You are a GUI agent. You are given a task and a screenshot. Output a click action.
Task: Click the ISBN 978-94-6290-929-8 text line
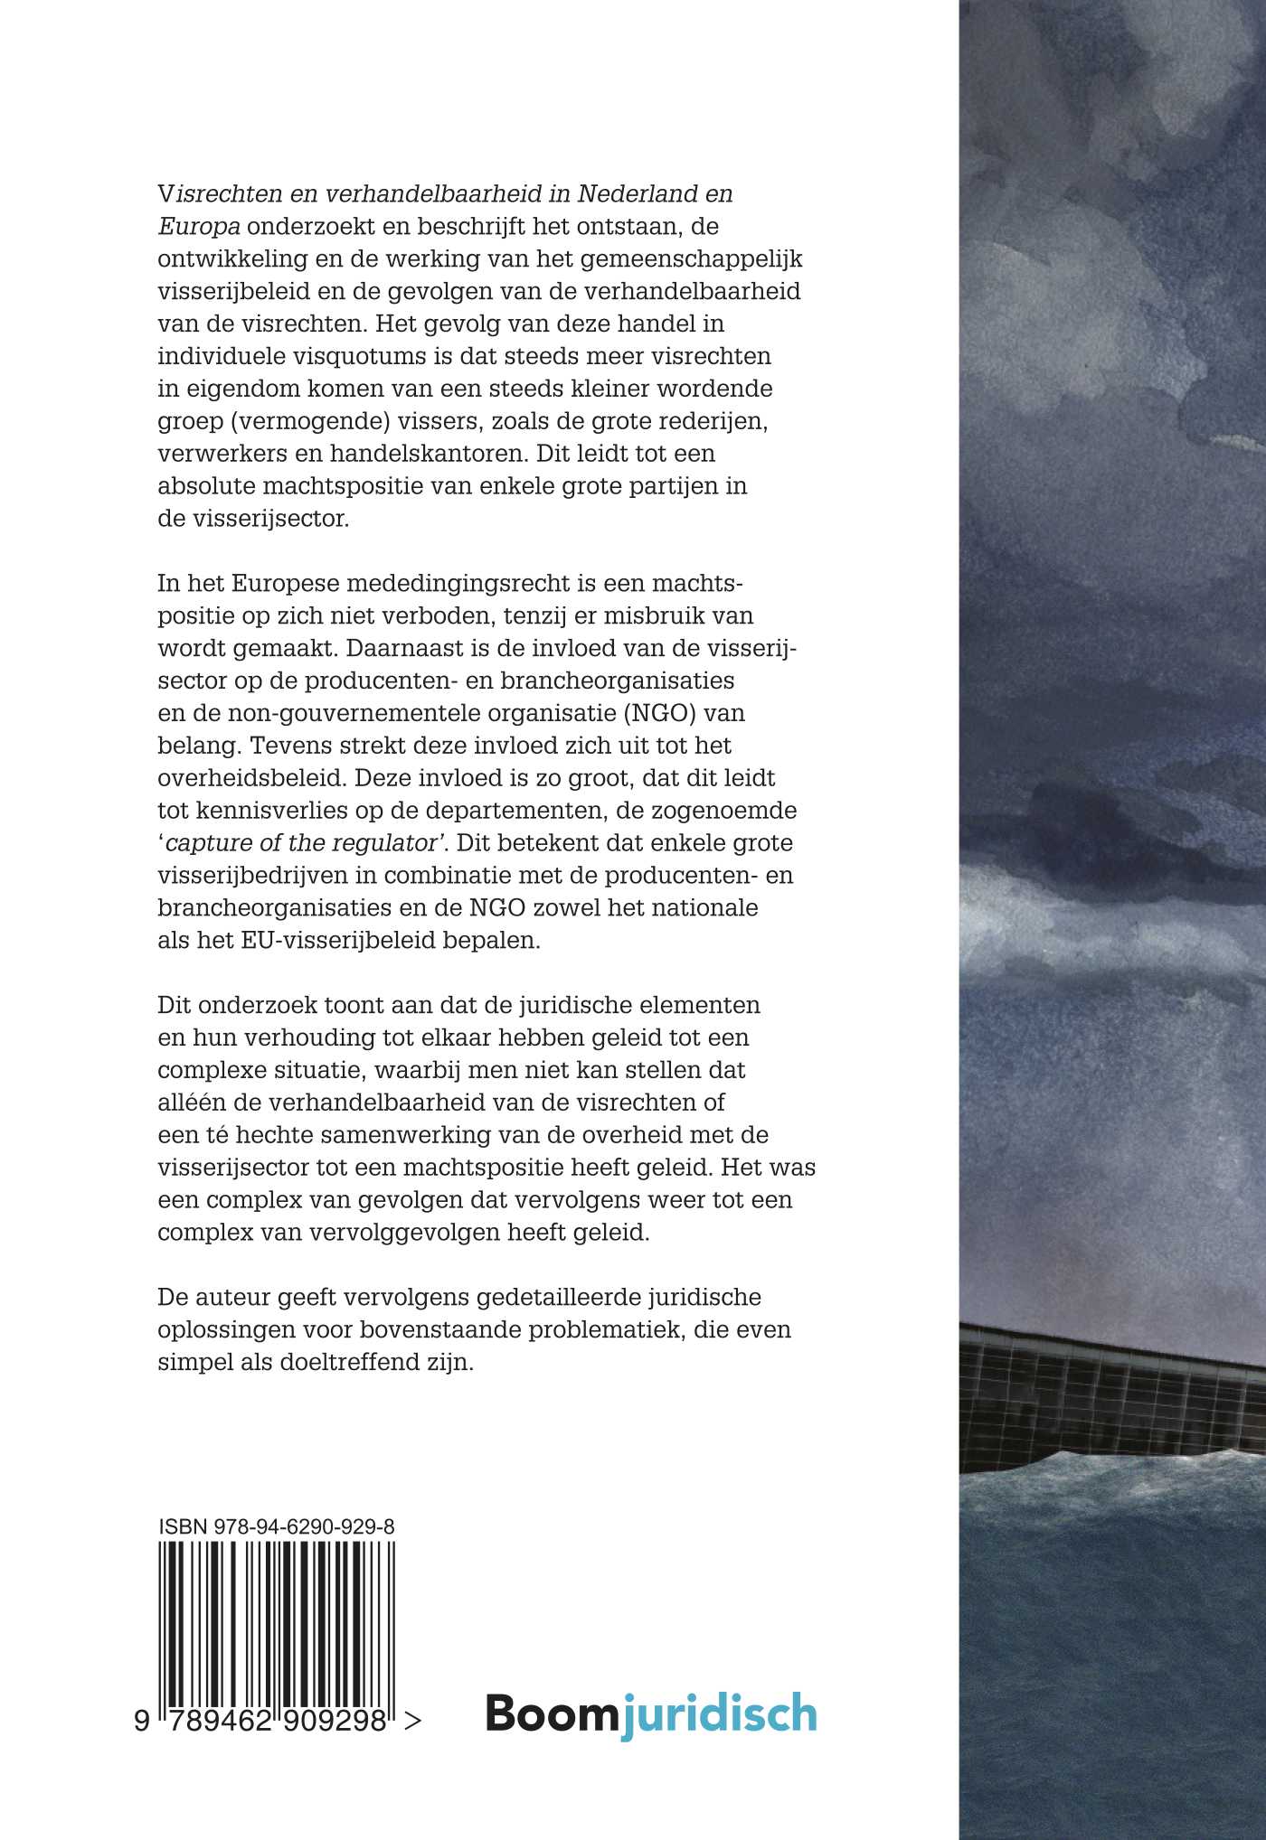click(276, 1527)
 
